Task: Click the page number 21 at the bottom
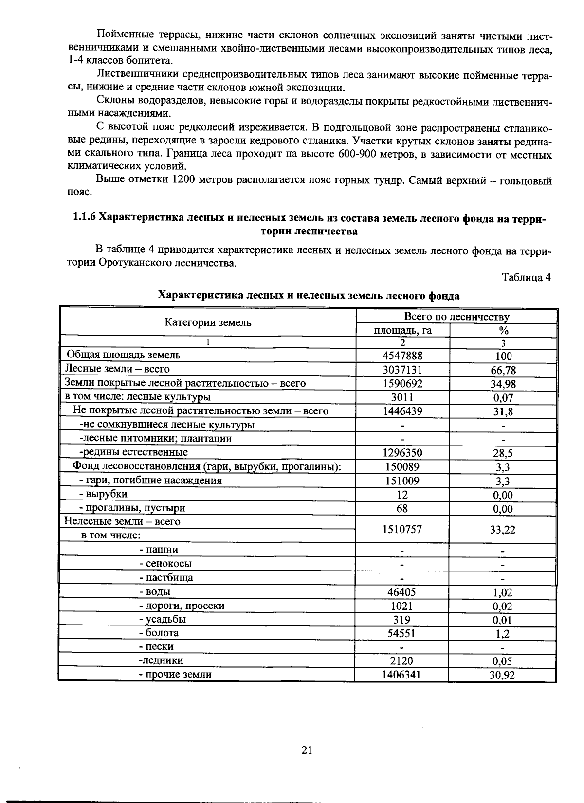point(307,750)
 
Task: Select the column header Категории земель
point(208,322)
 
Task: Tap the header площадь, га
point(402,331)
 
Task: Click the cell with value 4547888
point(402,356)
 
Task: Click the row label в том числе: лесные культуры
point(138,397)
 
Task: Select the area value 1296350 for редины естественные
point(402,453)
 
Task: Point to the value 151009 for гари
point(402,481)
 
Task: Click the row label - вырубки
point(103,494)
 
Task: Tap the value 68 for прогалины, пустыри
point(402,509)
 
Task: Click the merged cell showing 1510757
point(402,529)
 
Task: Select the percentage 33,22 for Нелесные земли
point(503,530)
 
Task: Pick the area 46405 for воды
point(402,592)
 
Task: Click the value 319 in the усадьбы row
point(402,620)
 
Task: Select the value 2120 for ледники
point(402,661)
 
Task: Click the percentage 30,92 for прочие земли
point(503,675)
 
